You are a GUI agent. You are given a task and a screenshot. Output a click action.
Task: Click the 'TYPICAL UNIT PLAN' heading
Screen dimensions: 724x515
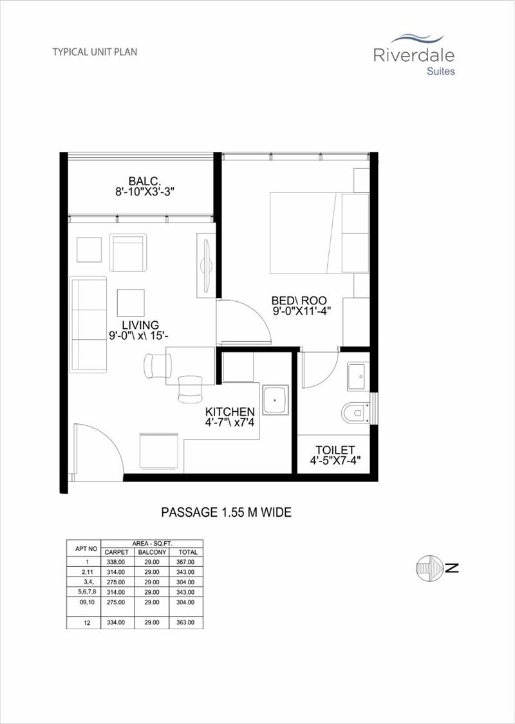click(95, 51)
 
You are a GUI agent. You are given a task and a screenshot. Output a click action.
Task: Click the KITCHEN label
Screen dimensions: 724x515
click(230, 412)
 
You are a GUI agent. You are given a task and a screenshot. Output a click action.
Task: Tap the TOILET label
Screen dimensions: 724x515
click(334, 449)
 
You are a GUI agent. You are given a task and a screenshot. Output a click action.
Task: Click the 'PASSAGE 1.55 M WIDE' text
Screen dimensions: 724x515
click(226, 512)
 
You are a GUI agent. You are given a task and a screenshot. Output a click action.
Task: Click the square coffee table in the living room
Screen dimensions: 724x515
click(131, 302)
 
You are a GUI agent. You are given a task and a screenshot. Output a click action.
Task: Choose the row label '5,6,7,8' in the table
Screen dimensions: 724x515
click(84, 591)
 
